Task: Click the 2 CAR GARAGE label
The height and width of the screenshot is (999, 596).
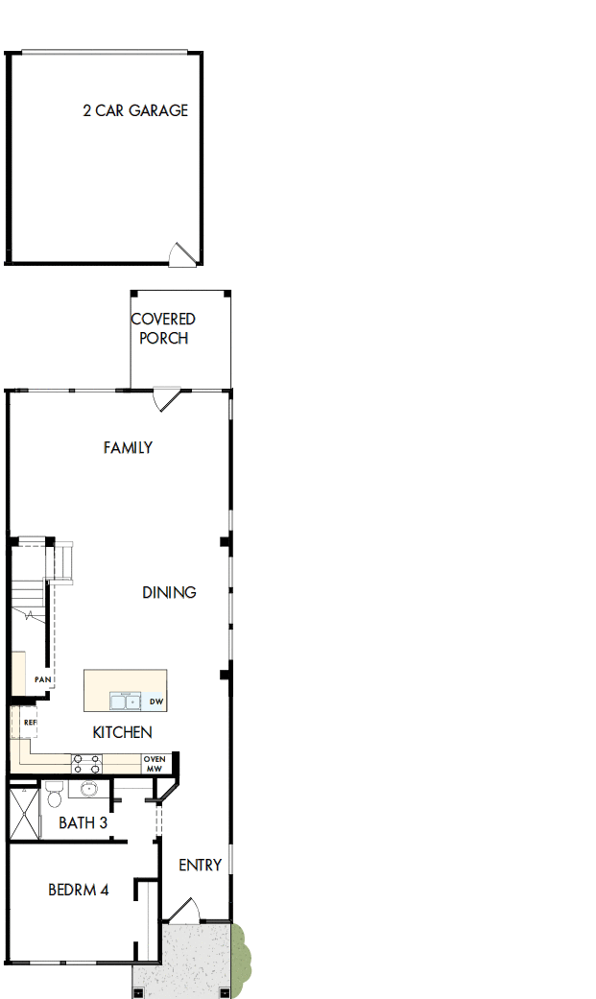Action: [x=135, y=110]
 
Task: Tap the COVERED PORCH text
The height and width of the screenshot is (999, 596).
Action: [x=163, y=328]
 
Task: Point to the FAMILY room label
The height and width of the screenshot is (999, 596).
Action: [x=128, y=447]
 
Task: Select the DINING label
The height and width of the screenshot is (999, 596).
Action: [x=169, y=592]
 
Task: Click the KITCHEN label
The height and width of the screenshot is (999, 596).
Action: [x=122, y=732]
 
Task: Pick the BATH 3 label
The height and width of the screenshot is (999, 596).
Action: [x=83, y=822]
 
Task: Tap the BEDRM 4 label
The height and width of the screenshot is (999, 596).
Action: [x=78, y=890]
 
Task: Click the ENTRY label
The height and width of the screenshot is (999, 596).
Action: [x=200, y=865]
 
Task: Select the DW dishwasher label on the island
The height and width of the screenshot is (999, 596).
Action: [x=156, y=702]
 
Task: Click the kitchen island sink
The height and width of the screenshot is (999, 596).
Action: [x=126, y=701]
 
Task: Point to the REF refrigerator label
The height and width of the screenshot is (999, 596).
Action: [x=30, y=722]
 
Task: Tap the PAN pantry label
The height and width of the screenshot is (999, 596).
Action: [x=42, y=679]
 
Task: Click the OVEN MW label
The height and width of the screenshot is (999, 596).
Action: [x=155, y=763]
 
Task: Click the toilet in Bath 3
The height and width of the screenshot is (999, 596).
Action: [x=54, y=794]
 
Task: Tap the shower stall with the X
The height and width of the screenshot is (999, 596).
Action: [x=24, y=813]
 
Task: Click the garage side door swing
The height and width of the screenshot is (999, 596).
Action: [x=183, y=252]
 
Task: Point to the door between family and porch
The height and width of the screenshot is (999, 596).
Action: [x=167, y=398]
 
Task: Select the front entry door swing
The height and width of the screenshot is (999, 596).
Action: [x=184, y=910]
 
